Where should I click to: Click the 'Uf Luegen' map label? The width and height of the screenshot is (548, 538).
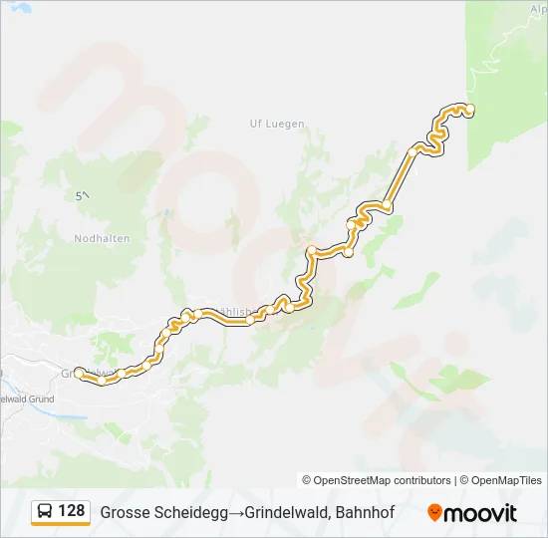click(x=277, y=124)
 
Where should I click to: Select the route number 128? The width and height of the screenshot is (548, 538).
click(x=72, y=511)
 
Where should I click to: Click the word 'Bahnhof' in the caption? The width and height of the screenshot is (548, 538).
click(x=367, y=513)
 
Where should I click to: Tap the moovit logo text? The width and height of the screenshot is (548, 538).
click(x=480, y=513)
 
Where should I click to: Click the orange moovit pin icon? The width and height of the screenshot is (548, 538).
click(x=434, y=513)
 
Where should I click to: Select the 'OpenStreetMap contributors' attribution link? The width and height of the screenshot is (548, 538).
click(x=383, y=480)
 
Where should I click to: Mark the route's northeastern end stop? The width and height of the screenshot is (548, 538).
click(x=470, y=109)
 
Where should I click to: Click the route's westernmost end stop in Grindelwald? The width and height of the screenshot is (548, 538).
click(x=79, y=373)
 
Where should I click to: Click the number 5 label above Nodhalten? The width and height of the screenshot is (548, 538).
click(x=80, y=196)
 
